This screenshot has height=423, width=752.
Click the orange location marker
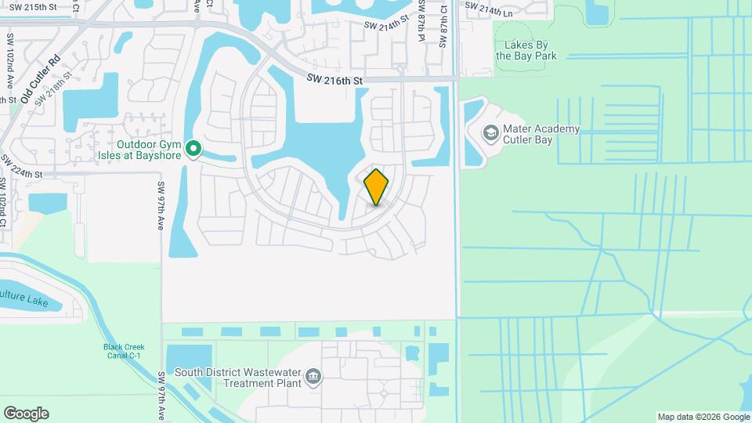377,186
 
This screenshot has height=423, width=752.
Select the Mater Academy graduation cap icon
490,134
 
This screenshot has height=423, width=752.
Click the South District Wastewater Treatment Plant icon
313,378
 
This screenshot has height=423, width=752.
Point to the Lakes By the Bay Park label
526,51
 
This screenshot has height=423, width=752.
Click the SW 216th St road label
335,80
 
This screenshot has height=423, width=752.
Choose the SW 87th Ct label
443,23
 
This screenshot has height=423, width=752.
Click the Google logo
26,414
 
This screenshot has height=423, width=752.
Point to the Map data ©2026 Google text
703,417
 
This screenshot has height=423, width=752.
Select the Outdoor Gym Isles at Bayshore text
149,150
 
